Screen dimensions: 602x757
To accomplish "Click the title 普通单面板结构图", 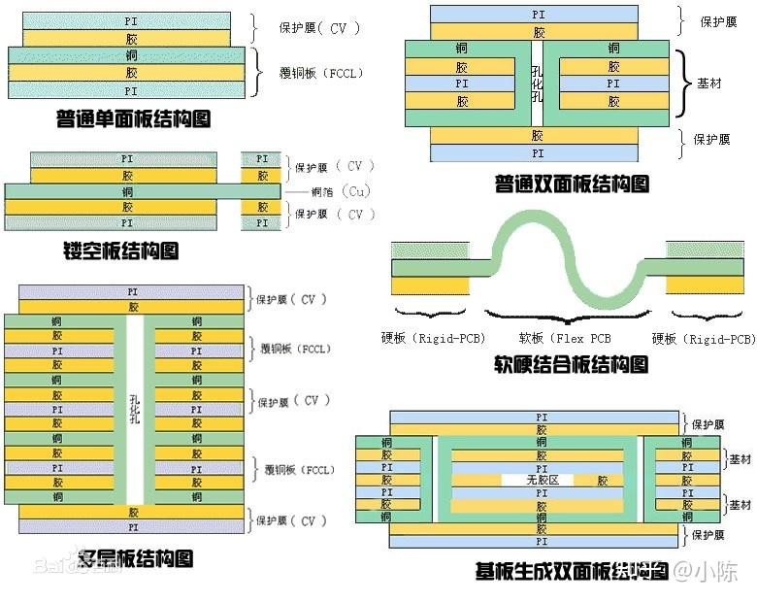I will coord(134,119).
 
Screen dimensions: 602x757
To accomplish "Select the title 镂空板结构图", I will coord(120,251).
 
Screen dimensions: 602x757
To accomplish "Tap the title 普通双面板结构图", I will coord(572,183).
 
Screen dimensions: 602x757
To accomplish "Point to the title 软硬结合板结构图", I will coord(571,365).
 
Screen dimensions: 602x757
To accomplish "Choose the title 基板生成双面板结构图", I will coord(573,570).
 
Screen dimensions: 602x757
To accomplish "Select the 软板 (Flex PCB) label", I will coord(565,339).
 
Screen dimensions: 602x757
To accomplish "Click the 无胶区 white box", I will coord(537,480).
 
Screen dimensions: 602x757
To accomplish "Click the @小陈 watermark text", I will coord(707,571).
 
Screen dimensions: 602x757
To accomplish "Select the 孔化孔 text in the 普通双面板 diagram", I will coord(537,84).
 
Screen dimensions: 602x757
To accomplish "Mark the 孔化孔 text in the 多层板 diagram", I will coord(135,409).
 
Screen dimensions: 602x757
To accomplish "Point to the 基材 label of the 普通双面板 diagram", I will coord(709,84).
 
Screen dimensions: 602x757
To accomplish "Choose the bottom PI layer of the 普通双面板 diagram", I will coord(537,152).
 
